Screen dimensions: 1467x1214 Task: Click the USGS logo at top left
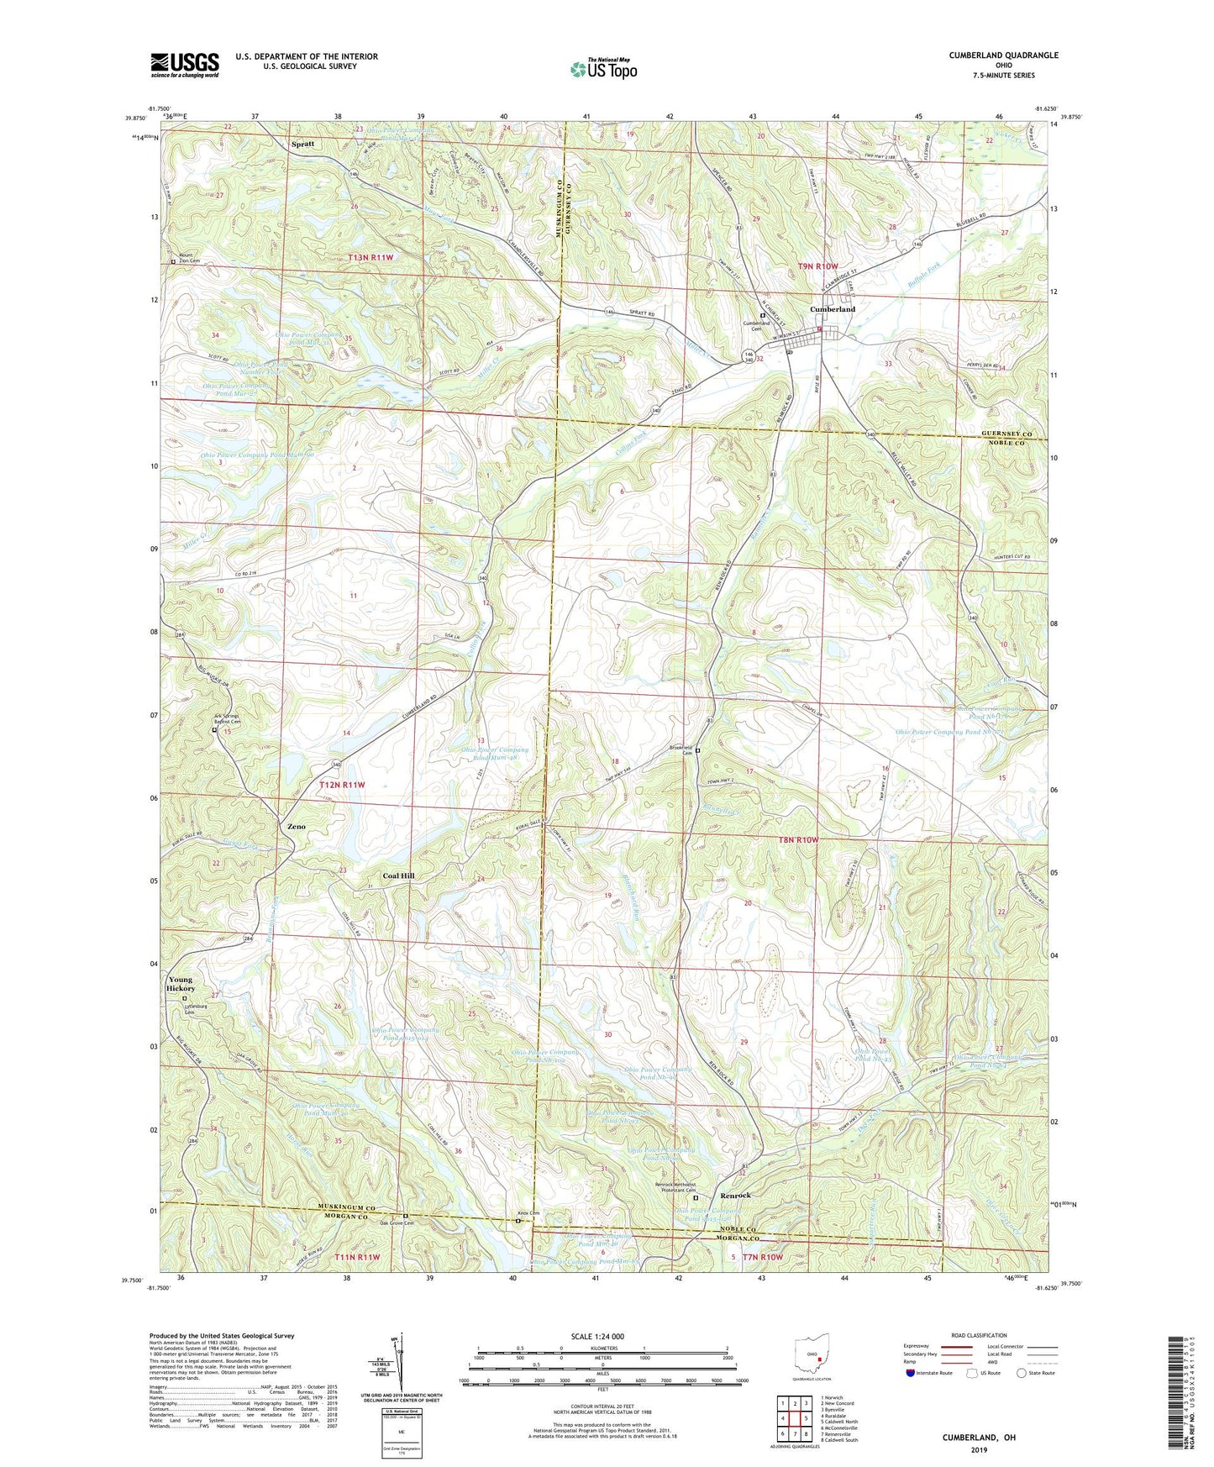tap(185, 65)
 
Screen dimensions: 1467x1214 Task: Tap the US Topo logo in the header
tap(603, 69)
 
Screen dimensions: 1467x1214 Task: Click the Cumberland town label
tap(833, 309)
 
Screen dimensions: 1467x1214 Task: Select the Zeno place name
tap(297, 827)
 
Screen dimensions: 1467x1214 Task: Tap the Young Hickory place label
tap(181, 984)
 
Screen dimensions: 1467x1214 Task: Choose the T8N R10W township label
tap(791, 839)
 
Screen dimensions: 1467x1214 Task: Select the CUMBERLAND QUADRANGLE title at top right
tap(1003, 55)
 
